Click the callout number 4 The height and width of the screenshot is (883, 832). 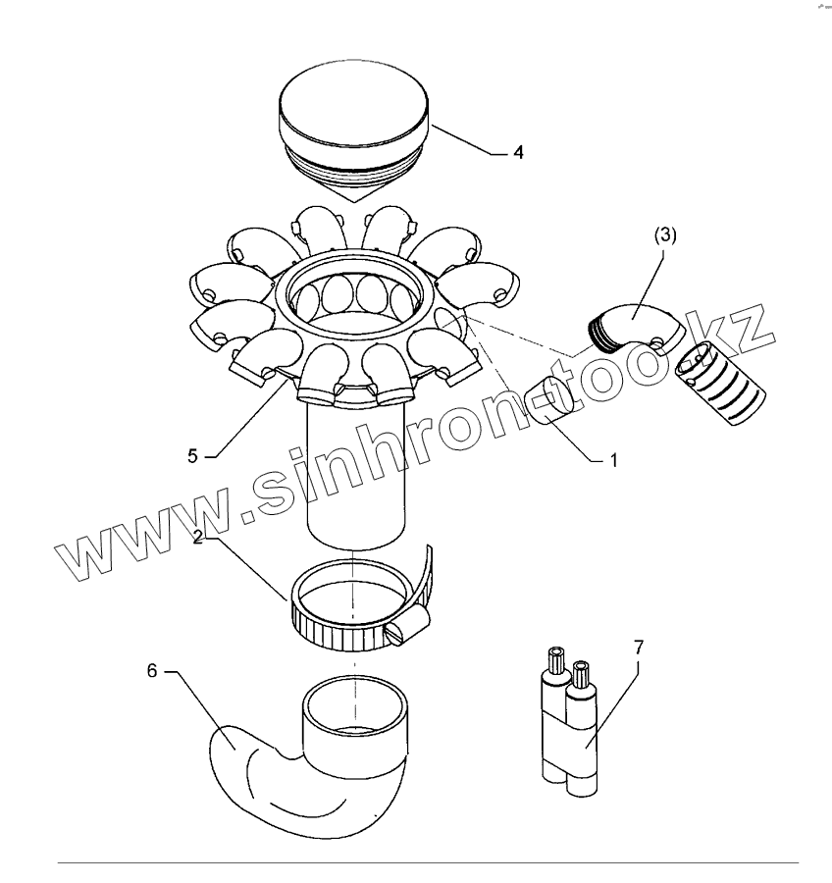coord(518,152)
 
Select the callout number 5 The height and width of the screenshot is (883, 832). coord(192,456)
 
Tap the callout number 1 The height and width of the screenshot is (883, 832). coord(613,461)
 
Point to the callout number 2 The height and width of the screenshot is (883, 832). coord(197,537)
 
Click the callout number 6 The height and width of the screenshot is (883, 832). coord(152,671)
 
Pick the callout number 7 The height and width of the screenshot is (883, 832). coord(638,648)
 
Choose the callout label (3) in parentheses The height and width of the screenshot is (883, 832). coord(664,235)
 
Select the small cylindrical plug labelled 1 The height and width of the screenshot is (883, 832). coord(552,399)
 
